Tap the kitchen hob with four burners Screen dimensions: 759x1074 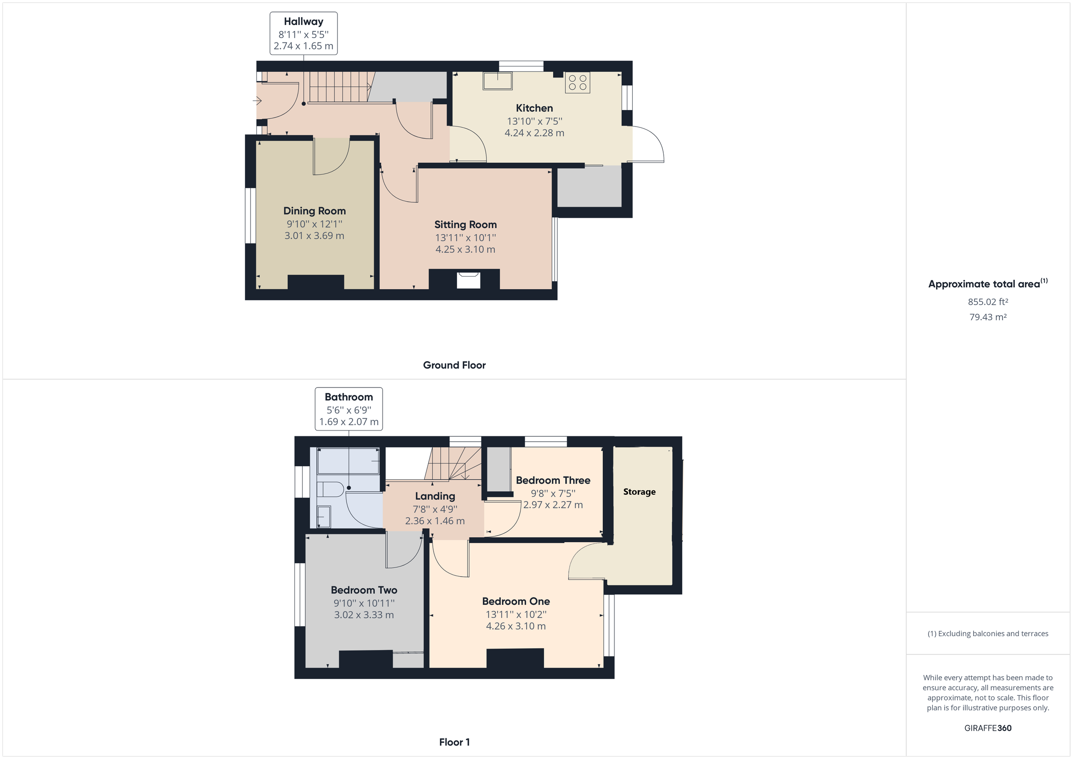click(577, 83)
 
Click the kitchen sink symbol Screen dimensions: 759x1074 click(497, 81)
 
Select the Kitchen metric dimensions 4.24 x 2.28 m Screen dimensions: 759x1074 click(534, 133)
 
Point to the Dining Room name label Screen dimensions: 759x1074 click(314, 211)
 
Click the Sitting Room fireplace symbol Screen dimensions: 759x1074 click(468, 280)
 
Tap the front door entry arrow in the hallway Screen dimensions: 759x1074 click(257, 101)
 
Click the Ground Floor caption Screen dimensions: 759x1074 click(454, 365)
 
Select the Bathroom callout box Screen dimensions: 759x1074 click(349, 409)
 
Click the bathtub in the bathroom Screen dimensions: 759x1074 click(348, 461)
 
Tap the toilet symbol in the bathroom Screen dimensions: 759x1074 click(330, 489)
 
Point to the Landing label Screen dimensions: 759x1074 click(435, 496)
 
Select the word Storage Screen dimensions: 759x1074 click(639, 492)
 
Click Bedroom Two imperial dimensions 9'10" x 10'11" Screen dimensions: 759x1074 click(363, 603)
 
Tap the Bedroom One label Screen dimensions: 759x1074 click(516, 601)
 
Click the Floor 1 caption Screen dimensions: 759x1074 click(454, 742)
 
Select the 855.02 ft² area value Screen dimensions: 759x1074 click(988, 302)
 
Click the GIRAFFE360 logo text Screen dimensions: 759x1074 click(988, 728)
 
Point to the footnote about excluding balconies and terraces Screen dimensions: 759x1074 click(988, 633)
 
